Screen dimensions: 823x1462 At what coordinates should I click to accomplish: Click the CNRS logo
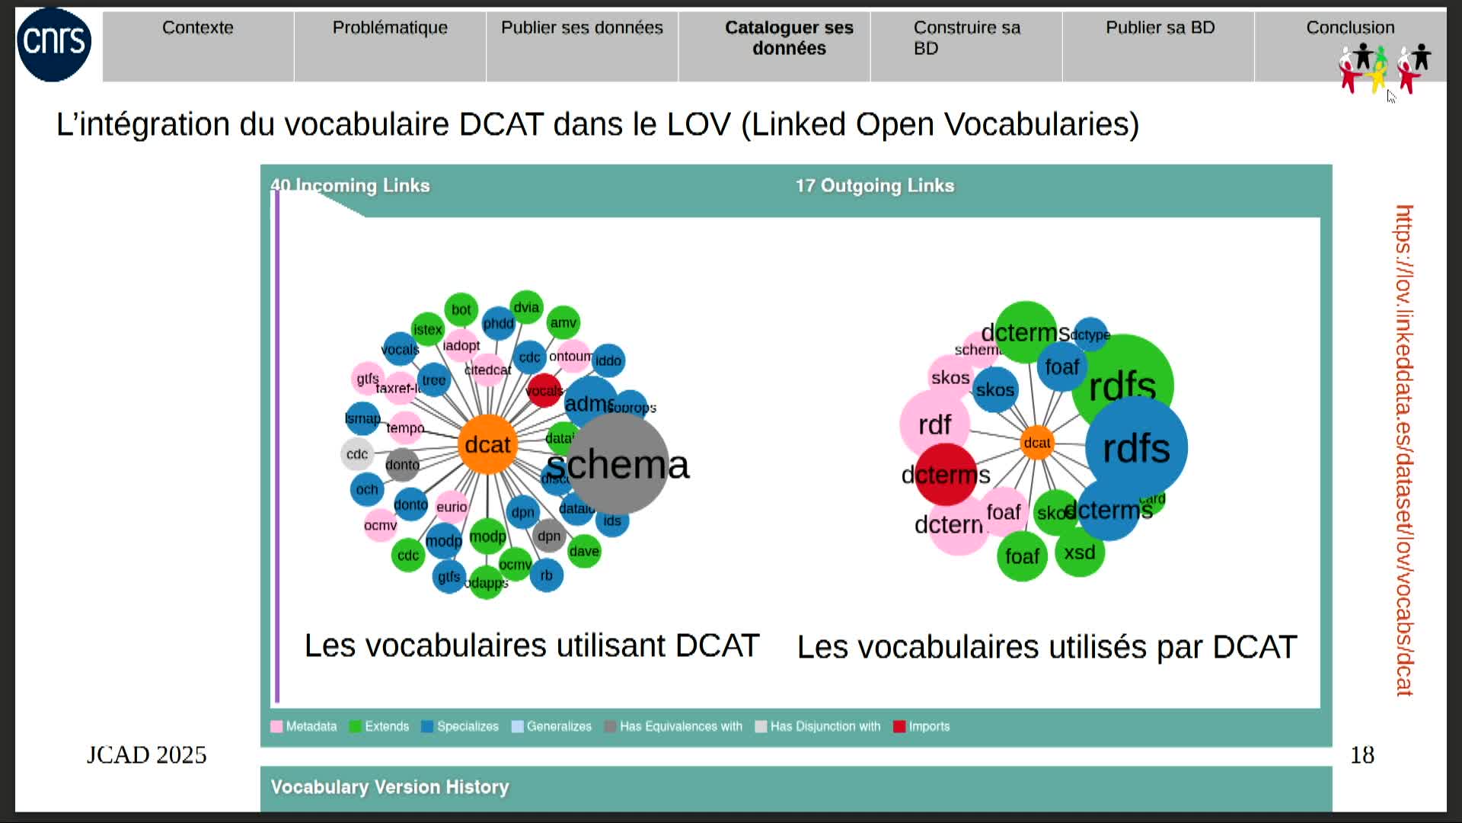[54, 44]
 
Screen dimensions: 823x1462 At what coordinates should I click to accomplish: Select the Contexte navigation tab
[198, 28]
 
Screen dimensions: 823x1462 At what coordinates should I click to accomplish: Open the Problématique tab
[390, 28]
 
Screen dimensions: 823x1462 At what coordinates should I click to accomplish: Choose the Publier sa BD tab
[1160, 28]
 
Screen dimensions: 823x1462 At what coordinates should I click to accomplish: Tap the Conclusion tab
[1350, 28]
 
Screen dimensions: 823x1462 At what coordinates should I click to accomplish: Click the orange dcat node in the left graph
[487, 444]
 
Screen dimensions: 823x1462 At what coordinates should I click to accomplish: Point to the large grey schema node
[618, 464]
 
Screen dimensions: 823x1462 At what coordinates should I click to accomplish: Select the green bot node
[461, 309]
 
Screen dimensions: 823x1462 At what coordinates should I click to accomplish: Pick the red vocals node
[544, 391]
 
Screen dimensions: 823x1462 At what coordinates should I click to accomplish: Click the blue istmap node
[362, 418]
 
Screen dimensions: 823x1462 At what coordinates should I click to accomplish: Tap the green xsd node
[1080, 552]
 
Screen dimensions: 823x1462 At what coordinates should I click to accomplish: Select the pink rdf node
[934, 424]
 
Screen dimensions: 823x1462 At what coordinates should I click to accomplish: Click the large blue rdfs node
[1136, 448]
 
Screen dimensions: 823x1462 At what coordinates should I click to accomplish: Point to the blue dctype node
[1090, 335]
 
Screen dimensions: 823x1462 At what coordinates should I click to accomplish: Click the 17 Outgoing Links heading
[874, 186]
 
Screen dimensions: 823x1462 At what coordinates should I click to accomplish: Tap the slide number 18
[1361, 755]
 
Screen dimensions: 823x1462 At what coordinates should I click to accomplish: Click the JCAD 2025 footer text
[146, 755]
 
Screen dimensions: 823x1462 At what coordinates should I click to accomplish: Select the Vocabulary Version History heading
[389, 787]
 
